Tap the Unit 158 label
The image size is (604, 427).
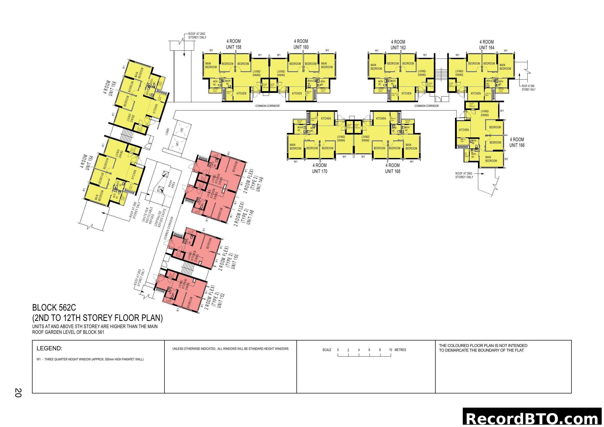pos(234,47)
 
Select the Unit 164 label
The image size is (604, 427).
pos(487,48)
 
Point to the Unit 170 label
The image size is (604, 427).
pos(319,171)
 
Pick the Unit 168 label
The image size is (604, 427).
pos(393,171)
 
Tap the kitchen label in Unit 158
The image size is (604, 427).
pos(241,93)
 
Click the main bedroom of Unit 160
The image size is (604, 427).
pos(327,65)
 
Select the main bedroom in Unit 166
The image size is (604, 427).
pos(491,159)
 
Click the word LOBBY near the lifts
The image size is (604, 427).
pos(167,131)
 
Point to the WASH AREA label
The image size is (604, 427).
pos(171,184)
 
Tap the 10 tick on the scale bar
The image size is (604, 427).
pos(391,350)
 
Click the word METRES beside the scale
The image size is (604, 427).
pos(400,350)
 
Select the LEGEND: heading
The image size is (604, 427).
pos(50,349)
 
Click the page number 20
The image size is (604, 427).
pos(18,393)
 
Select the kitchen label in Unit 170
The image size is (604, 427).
pos(326,118)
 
